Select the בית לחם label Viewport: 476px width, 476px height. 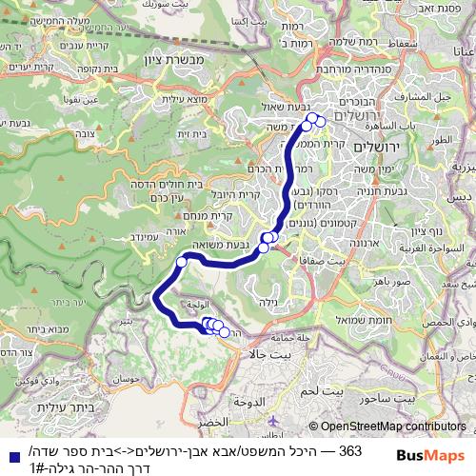(x=333, y=390)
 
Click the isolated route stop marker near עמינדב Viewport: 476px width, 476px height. (x=181, y=261)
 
